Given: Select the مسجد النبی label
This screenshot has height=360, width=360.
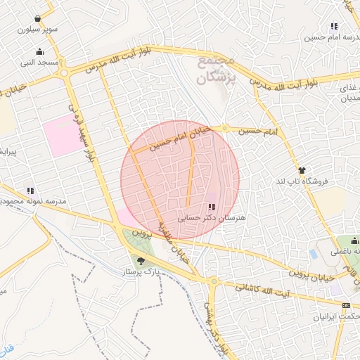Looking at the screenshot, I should (x=39, y=63).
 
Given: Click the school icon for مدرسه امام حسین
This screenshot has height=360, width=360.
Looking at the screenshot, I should (x=334, y=26).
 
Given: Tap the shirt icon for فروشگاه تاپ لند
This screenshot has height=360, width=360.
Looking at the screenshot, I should (x=302, y=169).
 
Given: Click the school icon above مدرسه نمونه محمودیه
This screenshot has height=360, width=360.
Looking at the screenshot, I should (x=30, y=190).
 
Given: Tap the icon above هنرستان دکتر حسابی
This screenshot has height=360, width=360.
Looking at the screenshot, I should (x=212, y=207).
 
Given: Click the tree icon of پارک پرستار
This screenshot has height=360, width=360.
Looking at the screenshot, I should (x=141, y=261).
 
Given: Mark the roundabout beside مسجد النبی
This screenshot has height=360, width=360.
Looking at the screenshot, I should (x=65, y=72).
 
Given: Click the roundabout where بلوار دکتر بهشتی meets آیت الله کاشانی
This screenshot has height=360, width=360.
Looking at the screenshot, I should (x=214, y=281).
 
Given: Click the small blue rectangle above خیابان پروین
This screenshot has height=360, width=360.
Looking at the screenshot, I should (x=313, y=253).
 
